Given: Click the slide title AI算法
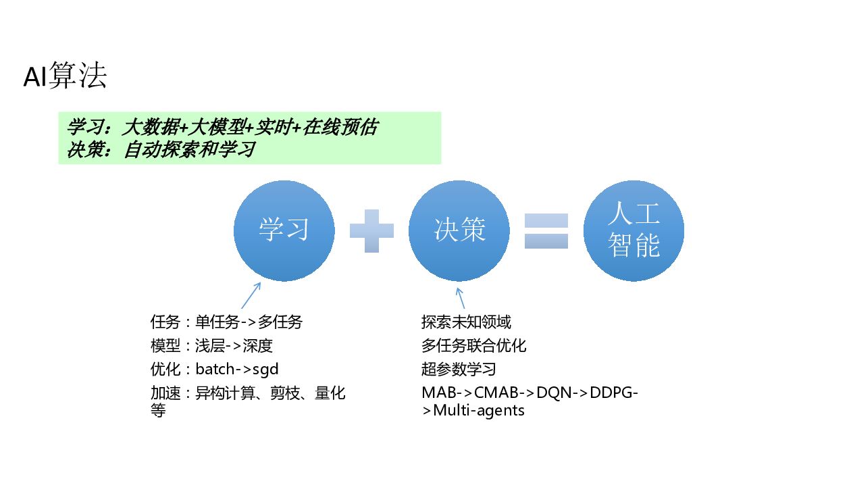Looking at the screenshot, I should click(x=65, y=78).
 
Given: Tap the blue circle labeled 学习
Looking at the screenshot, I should click(x=284, y=230).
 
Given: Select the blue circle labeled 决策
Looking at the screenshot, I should click(x=459, y=230).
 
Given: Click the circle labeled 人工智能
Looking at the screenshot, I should click(x=634, y=230).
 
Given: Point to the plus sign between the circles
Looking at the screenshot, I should click(x=371, y=231).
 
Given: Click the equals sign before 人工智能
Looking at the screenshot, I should click(x=546, y=231).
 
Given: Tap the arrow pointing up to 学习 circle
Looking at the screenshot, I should click(x=251, y=295).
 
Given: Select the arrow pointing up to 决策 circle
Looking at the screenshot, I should click(x=460, y=297).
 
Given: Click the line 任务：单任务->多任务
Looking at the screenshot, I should click(x=226, y=322).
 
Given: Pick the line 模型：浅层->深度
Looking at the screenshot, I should click(x=211, y=346).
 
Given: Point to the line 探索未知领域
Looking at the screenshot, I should click(x=466, y=322).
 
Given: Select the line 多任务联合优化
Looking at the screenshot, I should click(x=473, y=346).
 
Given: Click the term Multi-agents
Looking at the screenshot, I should click(x=479, y=410).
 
